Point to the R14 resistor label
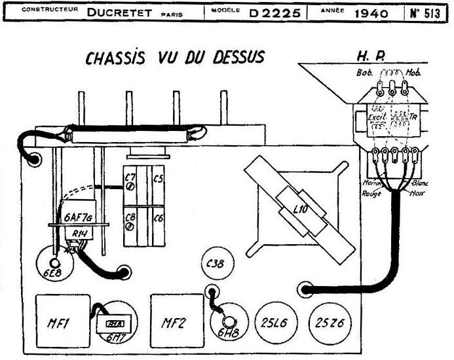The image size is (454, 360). [79, 232]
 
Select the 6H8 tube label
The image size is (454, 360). [229, 333]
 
